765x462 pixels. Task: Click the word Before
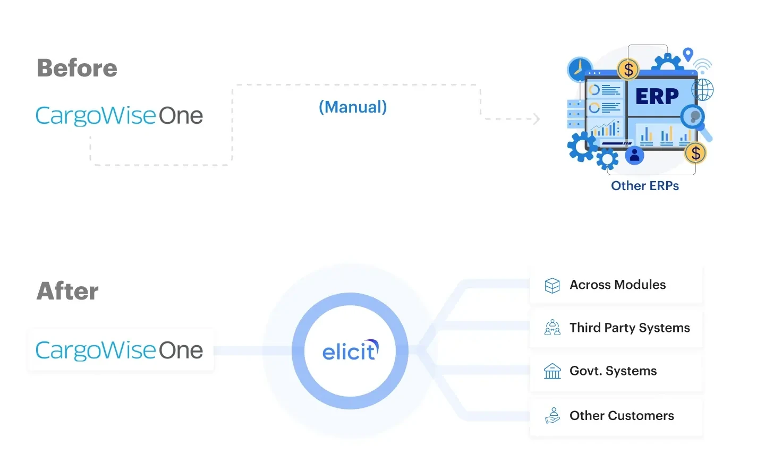pos(77,68)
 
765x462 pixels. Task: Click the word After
pos(67,291)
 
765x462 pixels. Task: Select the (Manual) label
pos(353,107)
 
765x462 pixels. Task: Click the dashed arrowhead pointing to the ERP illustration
pos(537,118)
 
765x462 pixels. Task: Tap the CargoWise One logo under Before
pos(119,115)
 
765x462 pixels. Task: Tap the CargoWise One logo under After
pos(119,350)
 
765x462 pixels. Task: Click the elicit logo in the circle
pos(350,351)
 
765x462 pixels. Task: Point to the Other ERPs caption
pos(644,186)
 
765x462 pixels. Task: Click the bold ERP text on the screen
pos(657,96)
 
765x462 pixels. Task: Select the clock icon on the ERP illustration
pos(580,70)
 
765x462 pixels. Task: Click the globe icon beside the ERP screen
pos(703,89)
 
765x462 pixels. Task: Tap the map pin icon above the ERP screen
pos(688,54)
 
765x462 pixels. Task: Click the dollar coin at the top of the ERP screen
pos(628,69)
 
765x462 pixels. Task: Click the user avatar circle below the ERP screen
pos(634,156)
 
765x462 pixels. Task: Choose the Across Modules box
pos(616,285)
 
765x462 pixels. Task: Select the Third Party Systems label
pos(630,328)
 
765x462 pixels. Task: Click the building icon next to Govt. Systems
pos(552,371)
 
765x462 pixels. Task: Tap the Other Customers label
pos(622,416)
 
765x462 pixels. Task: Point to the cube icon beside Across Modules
pos(552,285)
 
